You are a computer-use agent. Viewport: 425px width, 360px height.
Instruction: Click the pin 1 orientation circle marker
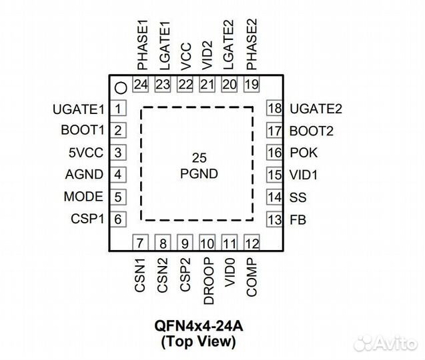point(120,87)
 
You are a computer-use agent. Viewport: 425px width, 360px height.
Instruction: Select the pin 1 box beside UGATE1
point(118,109)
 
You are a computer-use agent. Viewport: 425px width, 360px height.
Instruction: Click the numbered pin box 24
point(141,85)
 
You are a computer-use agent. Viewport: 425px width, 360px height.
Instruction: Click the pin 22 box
point(185,85)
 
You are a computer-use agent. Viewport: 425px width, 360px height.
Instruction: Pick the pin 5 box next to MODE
point(118,197)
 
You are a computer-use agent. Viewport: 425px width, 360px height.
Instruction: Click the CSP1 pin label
point(87,219)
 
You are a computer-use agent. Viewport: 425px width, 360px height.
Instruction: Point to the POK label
point(304,153)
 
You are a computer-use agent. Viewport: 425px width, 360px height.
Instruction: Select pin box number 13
point(274,219)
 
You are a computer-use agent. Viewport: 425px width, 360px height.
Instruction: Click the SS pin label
point(298,197)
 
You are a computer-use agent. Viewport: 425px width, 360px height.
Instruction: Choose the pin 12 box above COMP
point(252,243)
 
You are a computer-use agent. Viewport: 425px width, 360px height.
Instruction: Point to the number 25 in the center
point(198,159)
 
